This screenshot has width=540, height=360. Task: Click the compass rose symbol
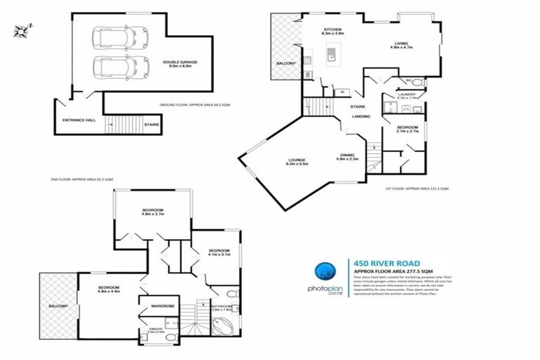[22, 30]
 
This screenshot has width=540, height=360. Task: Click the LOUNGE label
[295, 160]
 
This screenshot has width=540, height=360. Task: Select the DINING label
[348, 156]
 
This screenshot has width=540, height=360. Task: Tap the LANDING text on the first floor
[361, 116]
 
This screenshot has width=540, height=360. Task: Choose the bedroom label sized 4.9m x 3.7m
[153, 212]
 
